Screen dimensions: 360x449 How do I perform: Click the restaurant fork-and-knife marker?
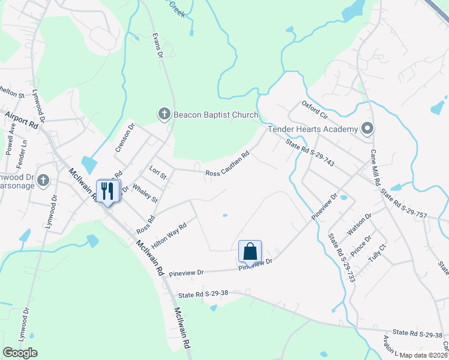point(108,191)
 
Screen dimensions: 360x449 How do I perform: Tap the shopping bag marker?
point(250,251)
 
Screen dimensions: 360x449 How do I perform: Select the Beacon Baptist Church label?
point(215,114)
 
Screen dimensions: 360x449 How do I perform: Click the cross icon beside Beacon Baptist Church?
point(164,114)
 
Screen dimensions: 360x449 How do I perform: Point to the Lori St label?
point(158,173)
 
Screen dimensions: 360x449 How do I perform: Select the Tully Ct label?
point(377,255)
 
